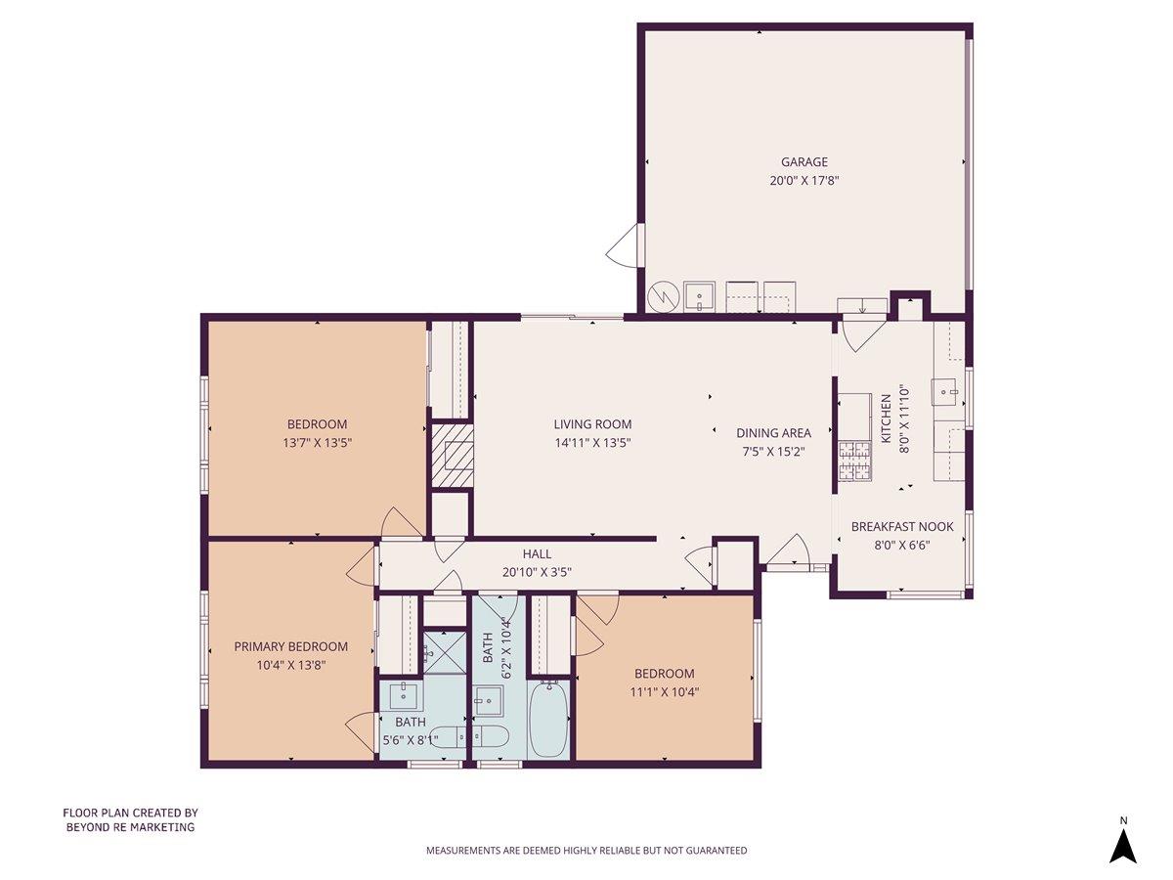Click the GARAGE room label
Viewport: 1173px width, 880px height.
[804, 162]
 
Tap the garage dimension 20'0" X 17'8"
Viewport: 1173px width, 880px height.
[804, 180]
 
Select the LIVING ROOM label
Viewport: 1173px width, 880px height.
[592, 424]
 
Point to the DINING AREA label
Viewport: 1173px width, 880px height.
[773, 433]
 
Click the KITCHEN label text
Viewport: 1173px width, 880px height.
[887, 419]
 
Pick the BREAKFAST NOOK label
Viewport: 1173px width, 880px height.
[901, 526]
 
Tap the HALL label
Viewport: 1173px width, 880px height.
[537, 554]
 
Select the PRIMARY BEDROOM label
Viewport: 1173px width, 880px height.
[290, 646]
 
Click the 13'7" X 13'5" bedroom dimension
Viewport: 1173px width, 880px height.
[317, 442]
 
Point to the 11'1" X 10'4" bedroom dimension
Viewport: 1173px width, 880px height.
[664, 691]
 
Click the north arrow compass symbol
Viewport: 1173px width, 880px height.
[1123, 843]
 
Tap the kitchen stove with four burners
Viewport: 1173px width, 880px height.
[853, 462]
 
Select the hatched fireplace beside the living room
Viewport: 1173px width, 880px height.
[452, 455]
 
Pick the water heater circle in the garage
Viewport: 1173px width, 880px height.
[663, 296]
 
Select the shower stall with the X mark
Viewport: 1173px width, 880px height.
[445, 648]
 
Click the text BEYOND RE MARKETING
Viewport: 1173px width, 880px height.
[130, 827]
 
